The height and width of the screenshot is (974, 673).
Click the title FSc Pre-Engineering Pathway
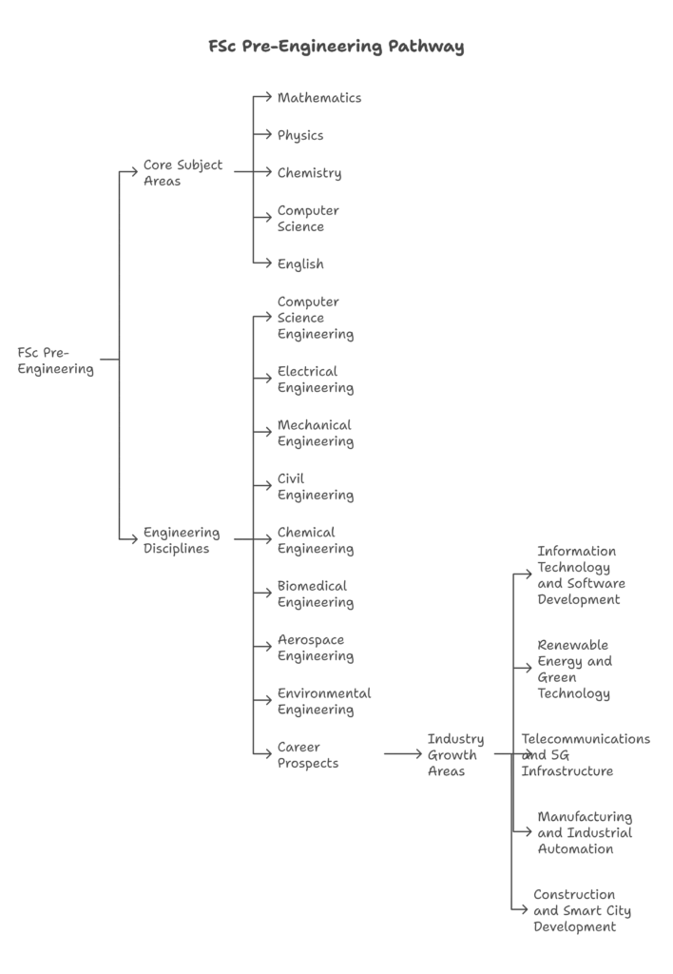(336, 47)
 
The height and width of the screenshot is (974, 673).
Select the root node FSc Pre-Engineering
(56, 360)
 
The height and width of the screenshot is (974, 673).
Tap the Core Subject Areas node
(183, 173)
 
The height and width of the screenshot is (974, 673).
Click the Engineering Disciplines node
(182, 540)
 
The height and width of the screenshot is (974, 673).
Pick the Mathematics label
(319, 98)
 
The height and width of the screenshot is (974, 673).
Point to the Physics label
(300, 135)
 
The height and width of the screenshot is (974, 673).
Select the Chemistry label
(309, 173)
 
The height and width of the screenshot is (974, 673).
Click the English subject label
(300, 264)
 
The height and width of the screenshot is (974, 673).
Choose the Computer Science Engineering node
(316, 318)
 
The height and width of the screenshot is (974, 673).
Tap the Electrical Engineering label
(316, 380)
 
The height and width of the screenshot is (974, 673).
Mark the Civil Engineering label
(316, 487)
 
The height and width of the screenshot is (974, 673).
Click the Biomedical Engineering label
(316, 594)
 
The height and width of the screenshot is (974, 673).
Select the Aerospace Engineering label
(316, 648)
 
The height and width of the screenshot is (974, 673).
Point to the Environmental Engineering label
(324, 702)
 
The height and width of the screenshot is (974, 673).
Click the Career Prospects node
(308, 754)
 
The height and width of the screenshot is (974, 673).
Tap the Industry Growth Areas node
(455, 754)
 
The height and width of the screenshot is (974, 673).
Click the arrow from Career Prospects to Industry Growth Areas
(403, 754)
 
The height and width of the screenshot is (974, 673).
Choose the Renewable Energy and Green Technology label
(575, 670)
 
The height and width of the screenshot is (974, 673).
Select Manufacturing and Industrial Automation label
(585, 833)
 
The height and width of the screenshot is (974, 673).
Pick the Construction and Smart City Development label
(583, 910)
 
